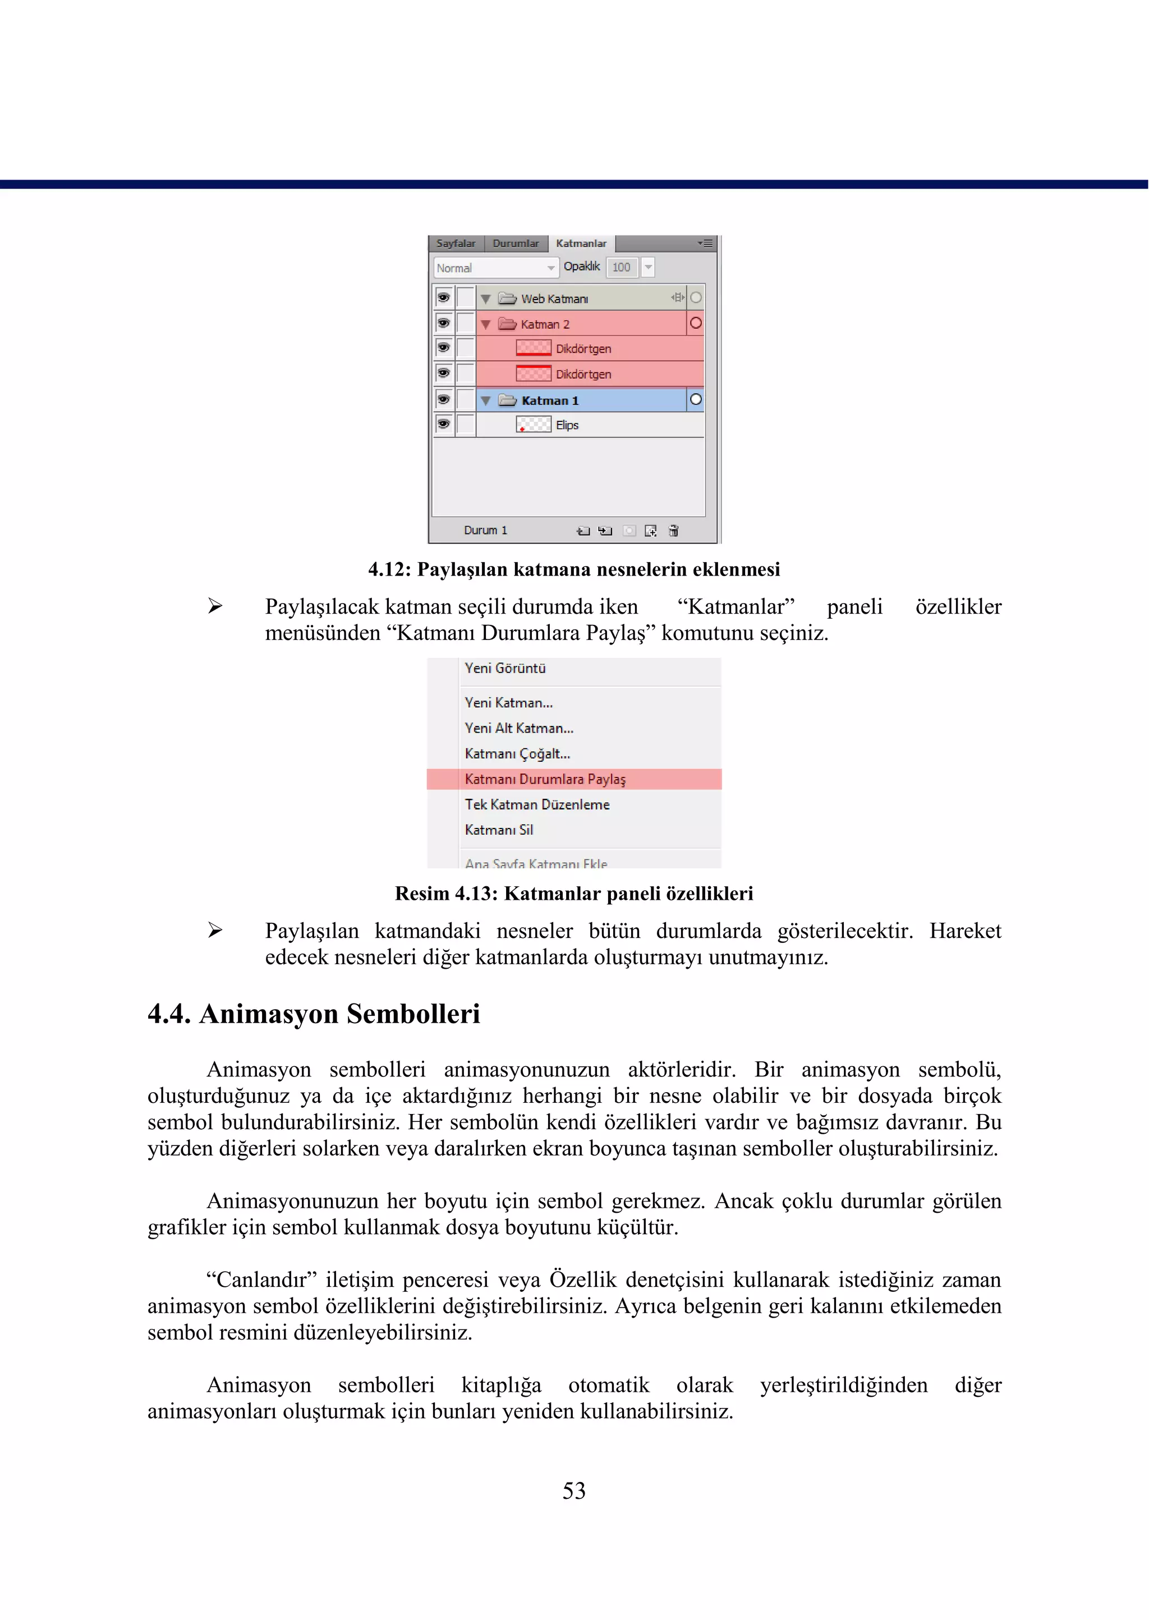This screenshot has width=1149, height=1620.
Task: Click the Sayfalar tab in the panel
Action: tap(456, 243)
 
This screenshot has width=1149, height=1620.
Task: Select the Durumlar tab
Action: tap(515, 243)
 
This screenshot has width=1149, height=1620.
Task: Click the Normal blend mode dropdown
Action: tap(494, 268)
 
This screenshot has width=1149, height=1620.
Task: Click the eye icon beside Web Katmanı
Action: tap(444, 297)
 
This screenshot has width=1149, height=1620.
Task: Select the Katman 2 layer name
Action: tap(545, 325)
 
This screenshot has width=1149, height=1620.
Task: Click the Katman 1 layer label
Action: tap(550, 401)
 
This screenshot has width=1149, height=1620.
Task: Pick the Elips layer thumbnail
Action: tap(534, 425)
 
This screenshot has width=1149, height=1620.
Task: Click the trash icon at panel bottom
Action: tap(674, 531)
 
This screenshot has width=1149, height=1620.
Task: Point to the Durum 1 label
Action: tap(485, 531)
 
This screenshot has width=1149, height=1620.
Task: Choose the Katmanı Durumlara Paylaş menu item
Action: tap(545, 779)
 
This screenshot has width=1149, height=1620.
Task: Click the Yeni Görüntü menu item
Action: tap(504, 669)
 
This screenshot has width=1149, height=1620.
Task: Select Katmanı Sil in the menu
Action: tap(499, 830)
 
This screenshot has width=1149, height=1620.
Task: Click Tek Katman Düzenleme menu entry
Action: tap(537, 804)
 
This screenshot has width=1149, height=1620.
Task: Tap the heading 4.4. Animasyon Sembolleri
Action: tap(314, 1014)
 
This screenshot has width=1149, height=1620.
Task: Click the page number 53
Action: tap(574, 1491)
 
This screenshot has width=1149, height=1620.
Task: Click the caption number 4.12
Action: tap(388, 569)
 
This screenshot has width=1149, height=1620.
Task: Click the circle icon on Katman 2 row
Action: tap(696, 323)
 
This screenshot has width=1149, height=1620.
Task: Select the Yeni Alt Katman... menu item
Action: tap(518, 728)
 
